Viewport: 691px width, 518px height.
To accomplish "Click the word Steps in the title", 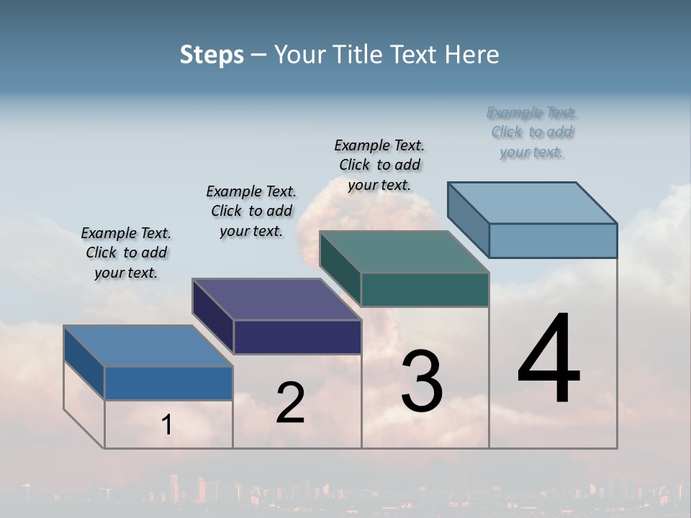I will click(212, 55).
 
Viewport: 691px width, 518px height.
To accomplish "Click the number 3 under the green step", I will click(422, 381).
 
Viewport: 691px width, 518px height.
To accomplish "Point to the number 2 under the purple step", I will click(290, 402).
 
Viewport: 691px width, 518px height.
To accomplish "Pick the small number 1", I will click(166, 425).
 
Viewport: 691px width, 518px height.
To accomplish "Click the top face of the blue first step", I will click(148, 346).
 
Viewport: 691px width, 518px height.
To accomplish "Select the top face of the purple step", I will click(276, 299).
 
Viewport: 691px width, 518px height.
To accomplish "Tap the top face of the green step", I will click(404, 252).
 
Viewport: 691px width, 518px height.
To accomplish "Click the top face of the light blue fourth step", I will click(532, 202).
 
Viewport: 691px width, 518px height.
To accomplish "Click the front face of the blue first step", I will click(168, 383).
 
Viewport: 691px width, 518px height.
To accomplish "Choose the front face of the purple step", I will click(297, 337).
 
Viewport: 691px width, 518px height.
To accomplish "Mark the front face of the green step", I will click(425, 289).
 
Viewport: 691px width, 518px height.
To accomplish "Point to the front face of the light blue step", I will click(553, 240).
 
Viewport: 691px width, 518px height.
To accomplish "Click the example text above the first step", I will click(126, 253).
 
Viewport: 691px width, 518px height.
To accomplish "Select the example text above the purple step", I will click(251, 211).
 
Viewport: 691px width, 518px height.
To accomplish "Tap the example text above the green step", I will click(379, 165).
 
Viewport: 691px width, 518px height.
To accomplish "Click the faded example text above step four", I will click(532, 132).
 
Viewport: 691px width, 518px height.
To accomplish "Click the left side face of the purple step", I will click(213, 317).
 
